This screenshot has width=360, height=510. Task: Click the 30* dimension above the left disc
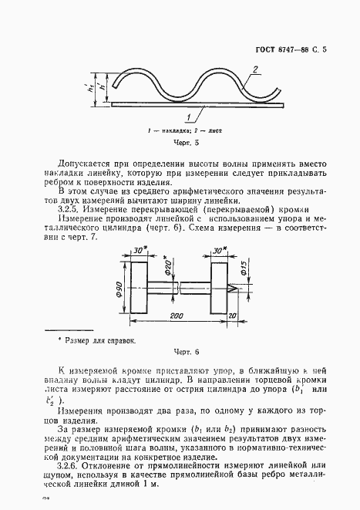(x=140, y=252)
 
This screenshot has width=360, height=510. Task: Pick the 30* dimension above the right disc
(x=220, y=252)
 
